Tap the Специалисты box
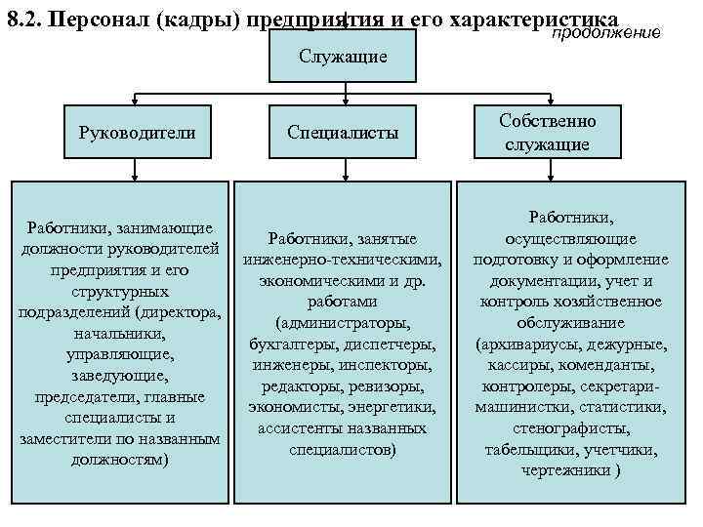[x=343, y=132]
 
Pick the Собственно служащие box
[x=547, y=132]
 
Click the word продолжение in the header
[x=607, y=34]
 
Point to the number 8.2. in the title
[x=25, y=20]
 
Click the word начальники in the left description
[x=118, y=335]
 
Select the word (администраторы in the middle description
[x=343, y=323]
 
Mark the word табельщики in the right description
[x=528, y=449]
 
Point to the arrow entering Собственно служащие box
[x=553, y=100]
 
